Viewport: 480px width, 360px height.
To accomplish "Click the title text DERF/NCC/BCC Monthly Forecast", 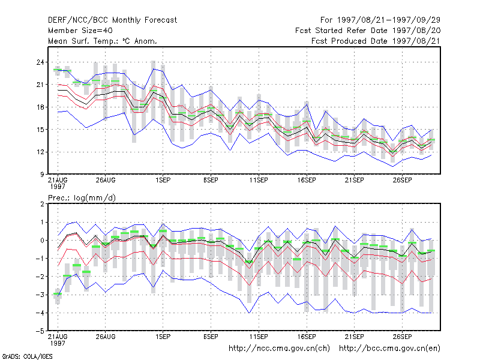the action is (x=112, y=20).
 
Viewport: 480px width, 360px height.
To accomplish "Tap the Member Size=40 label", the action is (x=80, y=31).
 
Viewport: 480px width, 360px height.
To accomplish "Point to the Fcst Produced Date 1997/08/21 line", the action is (x=376, y=41).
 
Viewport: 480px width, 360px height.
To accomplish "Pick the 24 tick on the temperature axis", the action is (x=40, y=62).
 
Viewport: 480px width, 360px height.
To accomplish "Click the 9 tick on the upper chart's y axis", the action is (x=42, y=175).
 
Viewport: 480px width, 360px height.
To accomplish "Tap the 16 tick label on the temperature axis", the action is (x=40, y=107).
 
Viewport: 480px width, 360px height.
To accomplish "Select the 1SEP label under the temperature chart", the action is (x=163, y=181).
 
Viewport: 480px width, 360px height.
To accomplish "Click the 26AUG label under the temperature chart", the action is (x=106, y=181).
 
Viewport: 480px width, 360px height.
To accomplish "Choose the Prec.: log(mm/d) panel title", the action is (x=82, y=198).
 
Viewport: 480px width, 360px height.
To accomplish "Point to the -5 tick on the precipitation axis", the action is (x=40, y=331).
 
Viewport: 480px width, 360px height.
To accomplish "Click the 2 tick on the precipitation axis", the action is (x=42, y=204).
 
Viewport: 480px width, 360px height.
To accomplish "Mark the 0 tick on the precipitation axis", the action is (x=42, y=241).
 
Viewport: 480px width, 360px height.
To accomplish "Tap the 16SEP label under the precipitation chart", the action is (x=307, y=337).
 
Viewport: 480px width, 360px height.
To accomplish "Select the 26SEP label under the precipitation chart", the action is (x=402, y=337).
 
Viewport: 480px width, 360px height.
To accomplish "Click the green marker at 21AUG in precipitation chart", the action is (x=58, y=294).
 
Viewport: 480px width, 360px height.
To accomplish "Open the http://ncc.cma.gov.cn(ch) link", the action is (x=280, y=349).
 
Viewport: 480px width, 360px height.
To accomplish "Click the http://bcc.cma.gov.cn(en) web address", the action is (x=389, y=349).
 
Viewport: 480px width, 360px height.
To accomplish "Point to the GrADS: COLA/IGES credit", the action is (x=27, y=356).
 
